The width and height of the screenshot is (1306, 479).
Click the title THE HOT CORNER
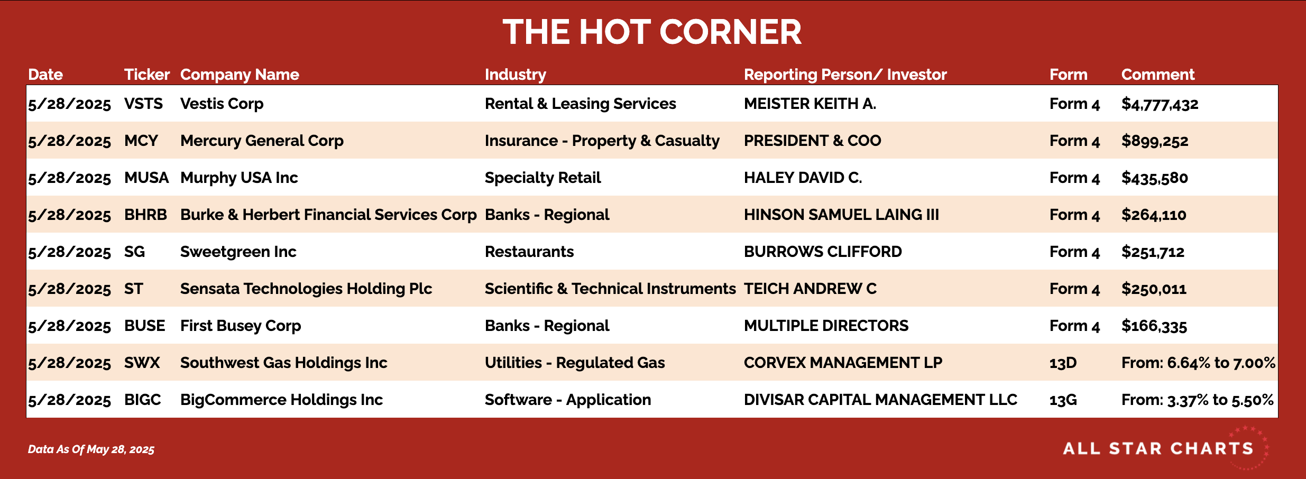(x=652, y=32)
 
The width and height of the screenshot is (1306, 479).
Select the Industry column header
(x=516, y=75)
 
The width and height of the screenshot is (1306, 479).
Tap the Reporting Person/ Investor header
(x=845, y=75)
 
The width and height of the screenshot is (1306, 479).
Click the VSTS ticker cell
(x=143, y=104)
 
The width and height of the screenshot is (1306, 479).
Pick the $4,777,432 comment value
(x=1160, y=104)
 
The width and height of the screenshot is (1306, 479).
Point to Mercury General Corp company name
(x=262, y=141)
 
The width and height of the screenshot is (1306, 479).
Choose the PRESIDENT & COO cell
(x=812, y=141)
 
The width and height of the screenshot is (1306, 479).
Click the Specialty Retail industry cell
(x=542, y=178)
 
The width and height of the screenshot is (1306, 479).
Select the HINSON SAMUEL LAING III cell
(x=841, y=215)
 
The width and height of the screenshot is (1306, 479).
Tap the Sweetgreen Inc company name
(x=238, y=252)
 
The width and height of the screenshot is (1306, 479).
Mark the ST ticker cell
(x=133, y=289)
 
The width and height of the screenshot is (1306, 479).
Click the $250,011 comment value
(x=1154, y=289)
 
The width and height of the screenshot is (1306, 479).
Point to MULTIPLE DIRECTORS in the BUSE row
(x=826, y=326)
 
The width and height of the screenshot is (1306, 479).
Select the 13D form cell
(x=1063, y=363)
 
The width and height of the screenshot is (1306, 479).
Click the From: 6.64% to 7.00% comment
(x=1198, y=363)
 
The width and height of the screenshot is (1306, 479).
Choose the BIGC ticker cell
(x=142, y=400)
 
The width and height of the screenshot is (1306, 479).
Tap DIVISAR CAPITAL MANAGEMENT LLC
(x=880, y=400)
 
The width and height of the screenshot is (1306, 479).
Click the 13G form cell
(x=1063, y=400)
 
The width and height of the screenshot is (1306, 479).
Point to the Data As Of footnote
(x=91, y=449)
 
